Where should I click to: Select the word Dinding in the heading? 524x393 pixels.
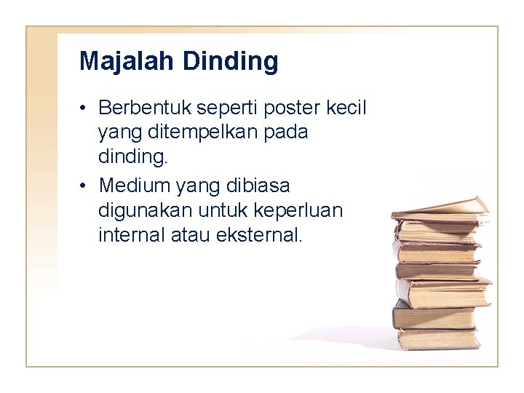click(231, 61)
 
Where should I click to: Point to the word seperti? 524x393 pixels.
click(210, 108)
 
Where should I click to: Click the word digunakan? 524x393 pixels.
click(138, 210)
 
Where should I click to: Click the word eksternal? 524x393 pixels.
click(258, 235)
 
